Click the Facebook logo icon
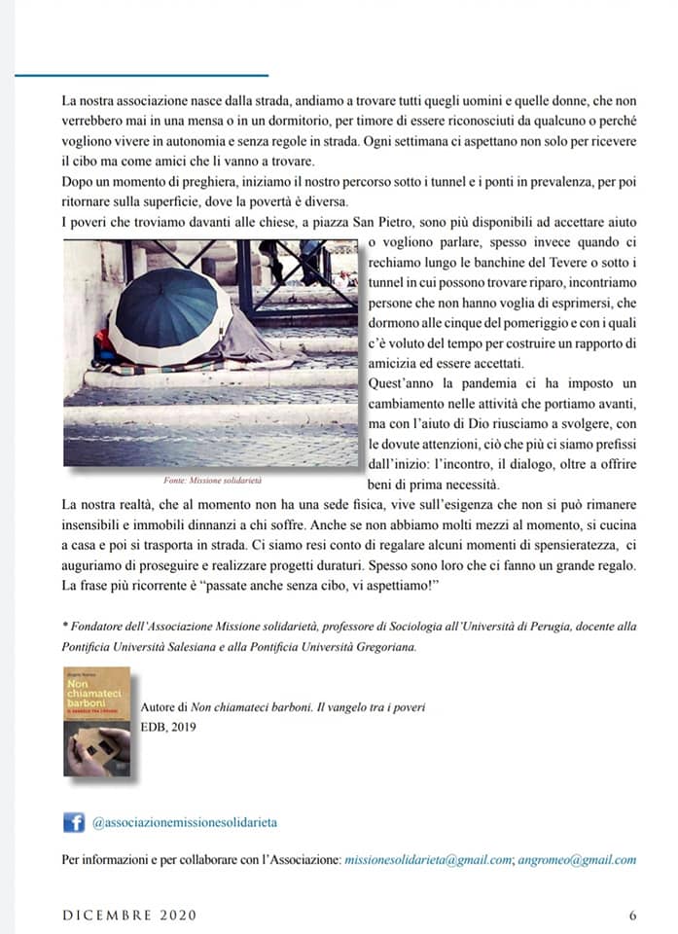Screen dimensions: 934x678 [74, 822]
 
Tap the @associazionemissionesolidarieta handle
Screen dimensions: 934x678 [185, 822]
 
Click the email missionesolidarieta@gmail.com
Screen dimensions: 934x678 [428, 859]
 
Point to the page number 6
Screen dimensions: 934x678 [632, 915]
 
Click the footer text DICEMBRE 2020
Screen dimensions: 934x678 [129, 915]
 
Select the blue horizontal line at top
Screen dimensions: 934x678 [141, 75]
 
